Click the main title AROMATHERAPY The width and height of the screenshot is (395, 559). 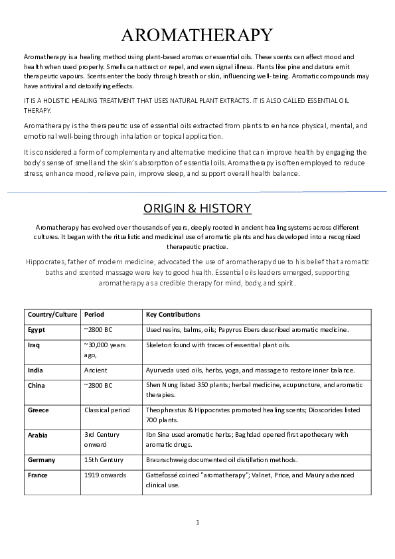pos(197,35)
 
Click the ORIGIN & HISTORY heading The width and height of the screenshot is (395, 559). pos(197,208)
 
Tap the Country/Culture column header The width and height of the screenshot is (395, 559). pos(52,315)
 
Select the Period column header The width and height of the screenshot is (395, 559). pos(94,315)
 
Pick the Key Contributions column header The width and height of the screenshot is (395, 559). pos(173,315)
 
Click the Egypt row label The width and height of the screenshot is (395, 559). pos(37,329)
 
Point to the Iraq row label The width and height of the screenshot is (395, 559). pos(35,345)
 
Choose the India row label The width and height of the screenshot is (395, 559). pos(36,370)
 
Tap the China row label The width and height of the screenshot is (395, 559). pos(37,385)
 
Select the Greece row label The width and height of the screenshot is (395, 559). pos(39,410)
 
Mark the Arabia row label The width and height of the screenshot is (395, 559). pos(39,435)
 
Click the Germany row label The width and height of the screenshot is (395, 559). pos(42,459)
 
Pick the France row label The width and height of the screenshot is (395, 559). pos(38,475)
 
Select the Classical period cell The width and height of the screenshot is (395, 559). pos(107,410)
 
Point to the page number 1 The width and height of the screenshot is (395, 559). pos(198,522)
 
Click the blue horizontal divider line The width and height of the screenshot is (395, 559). pos(197,192)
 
